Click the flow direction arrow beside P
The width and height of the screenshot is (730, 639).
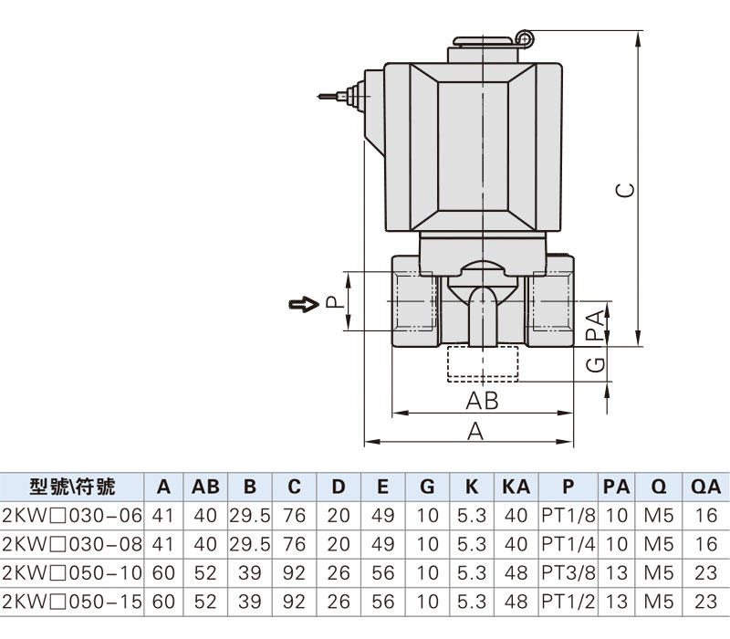pyautogui.click(x=304, y=305)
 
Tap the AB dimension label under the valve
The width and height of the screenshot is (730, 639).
pyautogui.click(x=482, y=401)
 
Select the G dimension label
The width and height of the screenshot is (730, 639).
pyautogui.click(x=596, y=364)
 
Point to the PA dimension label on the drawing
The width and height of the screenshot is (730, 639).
pyautogui.click(x=596, y=325)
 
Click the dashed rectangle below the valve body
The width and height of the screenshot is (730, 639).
pyautogui.click(x=483, y=363)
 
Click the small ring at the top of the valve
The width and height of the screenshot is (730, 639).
pyautogui.click(x=525, y=38)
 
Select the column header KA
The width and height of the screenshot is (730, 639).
pyautogui.click(x=516, y=487)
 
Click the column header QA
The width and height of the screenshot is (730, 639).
pyautogui.click(x=705, y=487)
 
